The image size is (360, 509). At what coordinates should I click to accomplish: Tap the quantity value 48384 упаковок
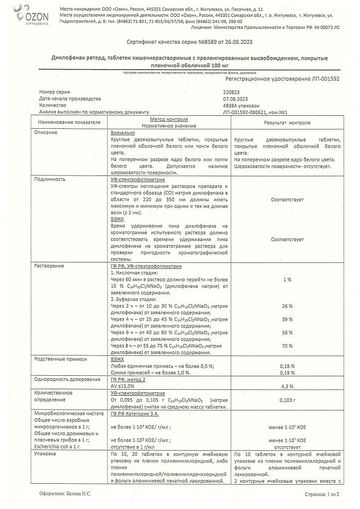coord(242,105)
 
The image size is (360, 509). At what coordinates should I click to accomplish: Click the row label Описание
coord(46,133)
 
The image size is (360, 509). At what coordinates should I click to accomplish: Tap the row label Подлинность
coord(49,179)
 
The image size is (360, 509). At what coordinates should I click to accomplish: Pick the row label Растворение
coord(49,266)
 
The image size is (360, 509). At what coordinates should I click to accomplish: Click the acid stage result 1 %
coord(287,280)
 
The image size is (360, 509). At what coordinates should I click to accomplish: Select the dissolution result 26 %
coord(287,306)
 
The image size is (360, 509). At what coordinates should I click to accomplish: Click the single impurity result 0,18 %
coord(287,365)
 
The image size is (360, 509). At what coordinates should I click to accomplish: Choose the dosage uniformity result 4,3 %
coord(287,385)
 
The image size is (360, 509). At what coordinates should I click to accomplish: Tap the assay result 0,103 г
coord(287,399)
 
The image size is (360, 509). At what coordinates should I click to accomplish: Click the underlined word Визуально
coord(122,133)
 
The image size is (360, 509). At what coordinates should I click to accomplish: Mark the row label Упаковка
coord(45,454)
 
